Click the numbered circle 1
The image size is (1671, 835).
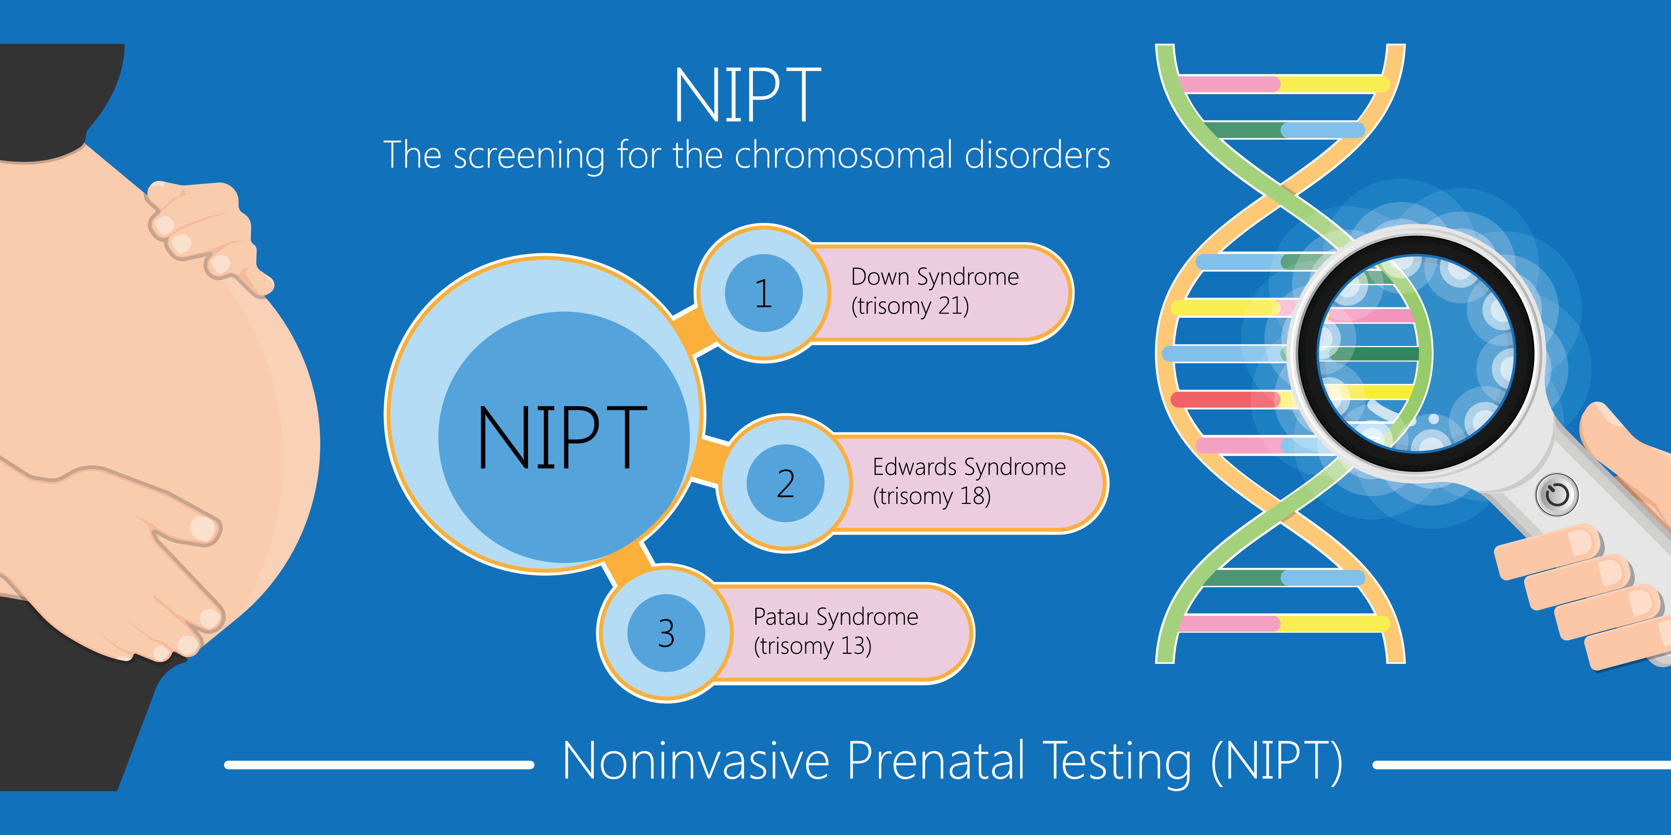(763, 293)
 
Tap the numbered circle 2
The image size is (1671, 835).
(785, 483)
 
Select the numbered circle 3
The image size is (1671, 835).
(666, 633)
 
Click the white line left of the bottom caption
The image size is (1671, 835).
(379, 765)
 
